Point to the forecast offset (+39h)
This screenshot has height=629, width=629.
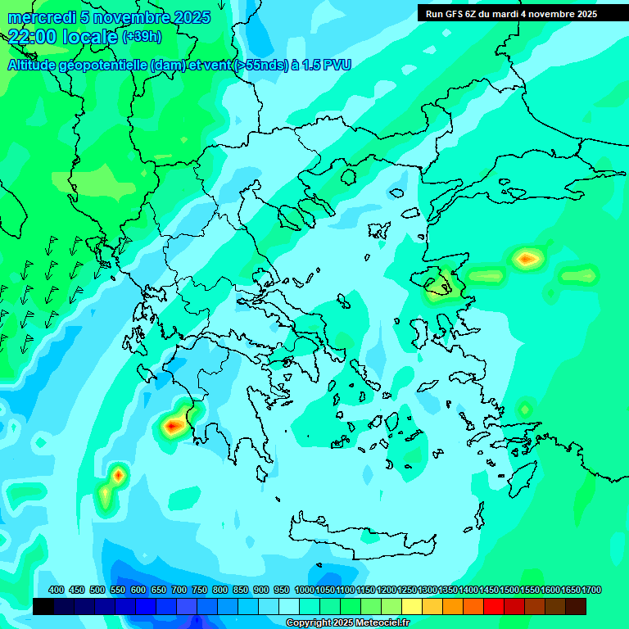pos(142,36)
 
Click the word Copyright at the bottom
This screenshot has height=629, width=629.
pos(308,623)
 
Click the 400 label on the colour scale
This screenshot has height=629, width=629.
pos(56,591)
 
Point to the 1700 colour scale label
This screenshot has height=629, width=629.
pos(592,591)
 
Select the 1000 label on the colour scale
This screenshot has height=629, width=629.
pos(305,591)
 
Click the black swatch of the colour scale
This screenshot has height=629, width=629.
pos(43,606)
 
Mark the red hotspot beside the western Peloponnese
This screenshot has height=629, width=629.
pos(173,425)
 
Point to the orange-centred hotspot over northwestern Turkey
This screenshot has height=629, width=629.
pos(527,259)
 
